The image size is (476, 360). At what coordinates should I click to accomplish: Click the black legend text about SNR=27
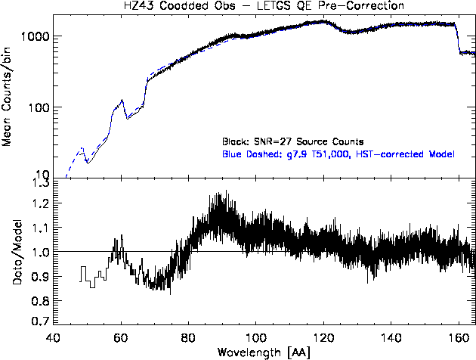293,141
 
